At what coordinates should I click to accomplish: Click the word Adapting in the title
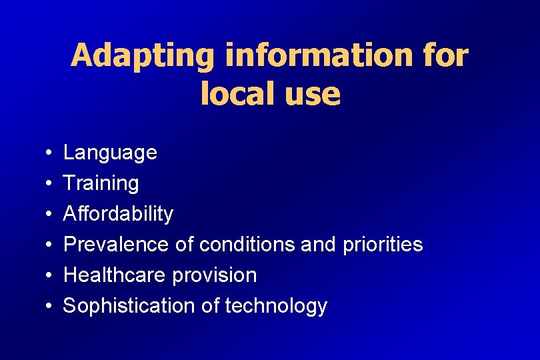coord(143,56)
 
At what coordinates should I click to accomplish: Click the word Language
coord(110,153)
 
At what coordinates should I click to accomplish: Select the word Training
coord(101,183)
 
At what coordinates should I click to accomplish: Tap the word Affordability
coord(118,214)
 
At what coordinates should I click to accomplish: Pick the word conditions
coord(245,245)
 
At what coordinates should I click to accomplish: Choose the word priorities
coord(383,245)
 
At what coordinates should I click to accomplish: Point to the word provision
coord(215,275)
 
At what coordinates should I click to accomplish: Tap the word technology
coord(276,306)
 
